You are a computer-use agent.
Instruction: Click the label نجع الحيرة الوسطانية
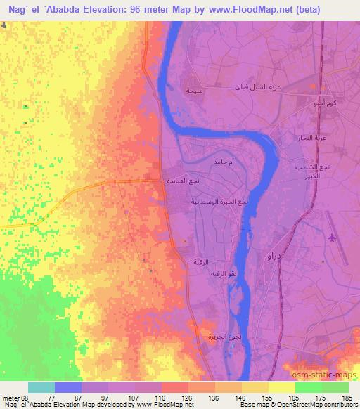(x=219, y=202)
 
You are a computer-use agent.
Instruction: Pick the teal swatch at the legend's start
(x=41, y=387)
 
